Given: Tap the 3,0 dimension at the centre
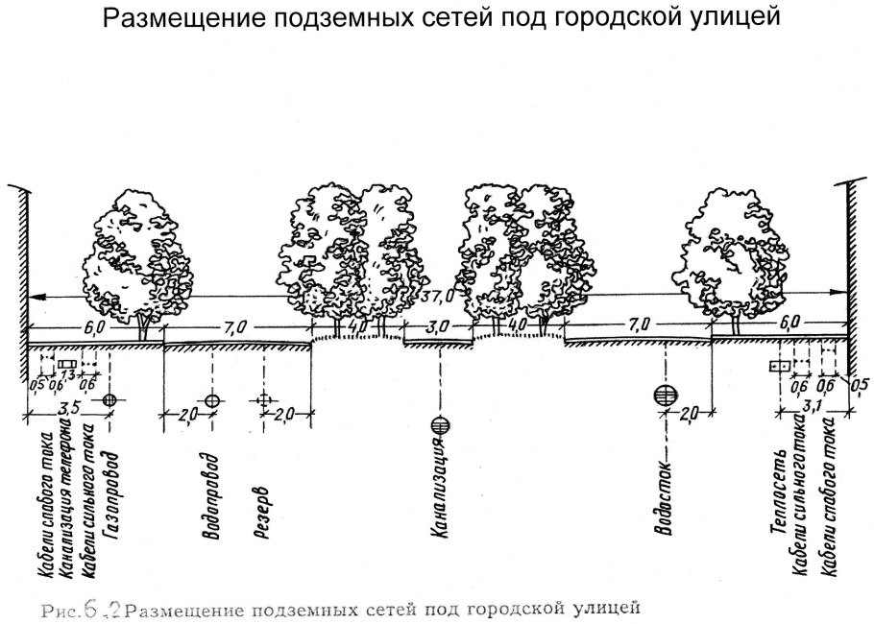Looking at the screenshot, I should coord(437,327).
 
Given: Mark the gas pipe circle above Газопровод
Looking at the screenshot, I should coord(109,399).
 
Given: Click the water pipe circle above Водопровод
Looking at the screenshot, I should coord(212,399).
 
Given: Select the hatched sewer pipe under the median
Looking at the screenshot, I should coord(441,424).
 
